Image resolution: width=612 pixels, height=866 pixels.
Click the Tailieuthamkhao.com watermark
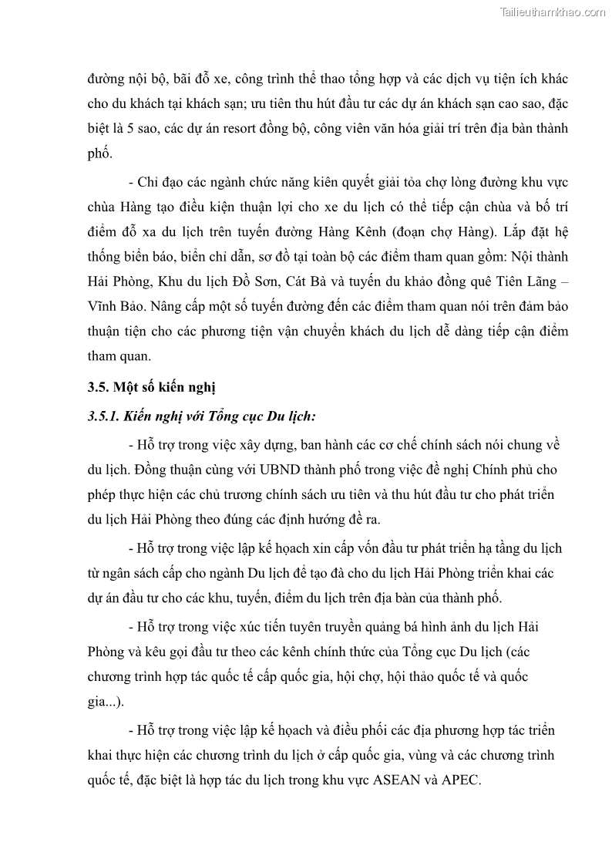coord(553,12)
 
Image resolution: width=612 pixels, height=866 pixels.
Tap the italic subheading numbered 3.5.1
coord(201,416)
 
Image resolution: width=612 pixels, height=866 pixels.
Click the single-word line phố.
coord(99,154)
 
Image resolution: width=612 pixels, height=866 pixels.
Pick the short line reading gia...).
coord(106,703)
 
